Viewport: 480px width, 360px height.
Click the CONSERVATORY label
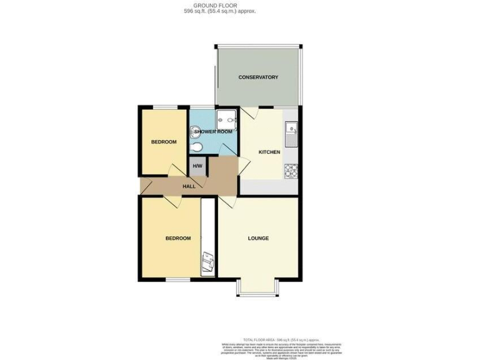pyautogui.click(x=258, y=77)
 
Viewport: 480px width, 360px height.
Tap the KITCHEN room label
pyautogui.click(x=269, y=152)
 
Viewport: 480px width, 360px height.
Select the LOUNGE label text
pyautogui.click(x=258, y=238)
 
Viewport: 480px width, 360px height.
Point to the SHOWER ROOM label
pyautogui.click(x=213, y=132)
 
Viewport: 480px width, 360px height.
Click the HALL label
pyautogui.click(x=189, y=186)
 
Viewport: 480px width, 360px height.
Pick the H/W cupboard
pyautogui.click(x=197, y=166)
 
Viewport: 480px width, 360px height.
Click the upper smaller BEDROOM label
pyautogui.click(x=164, y=142)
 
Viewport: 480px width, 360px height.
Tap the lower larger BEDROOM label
pyautogui.click(x=177, y=238)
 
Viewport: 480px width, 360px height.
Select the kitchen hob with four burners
pyautogui.click(x=291, y=169)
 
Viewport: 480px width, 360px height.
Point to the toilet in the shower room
pyautogui.click(x=197, y=147)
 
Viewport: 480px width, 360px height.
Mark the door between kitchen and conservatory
pyautogui.click(x=251, y=112)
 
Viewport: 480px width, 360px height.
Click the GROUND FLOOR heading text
pyautogui.click(x=214, y=5)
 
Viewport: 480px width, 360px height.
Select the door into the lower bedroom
pyautogui.click(x=172, y=202)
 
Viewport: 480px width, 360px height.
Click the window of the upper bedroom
pyautogui.click(x=164, y=107)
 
